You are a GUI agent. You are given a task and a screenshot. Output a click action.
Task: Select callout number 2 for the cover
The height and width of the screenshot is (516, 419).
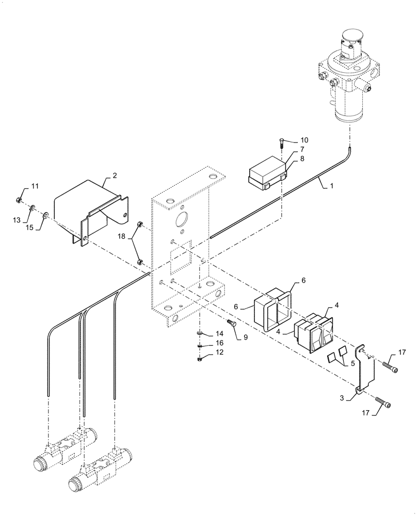[115, 175]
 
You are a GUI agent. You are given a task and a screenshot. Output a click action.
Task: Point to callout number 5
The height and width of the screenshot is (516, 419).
[352, 363]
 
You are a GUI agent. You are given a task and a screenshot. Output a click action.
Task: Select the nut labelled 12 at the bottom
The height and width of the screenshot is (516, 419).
[201, 359]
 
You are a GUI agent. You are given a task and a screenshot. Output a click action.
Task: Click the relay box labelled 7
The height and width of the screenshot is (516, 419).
[266, 174]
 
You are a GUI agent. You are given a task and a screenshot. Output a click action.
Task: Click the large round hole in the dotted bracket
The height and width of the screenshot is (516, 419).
[182, 220]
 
